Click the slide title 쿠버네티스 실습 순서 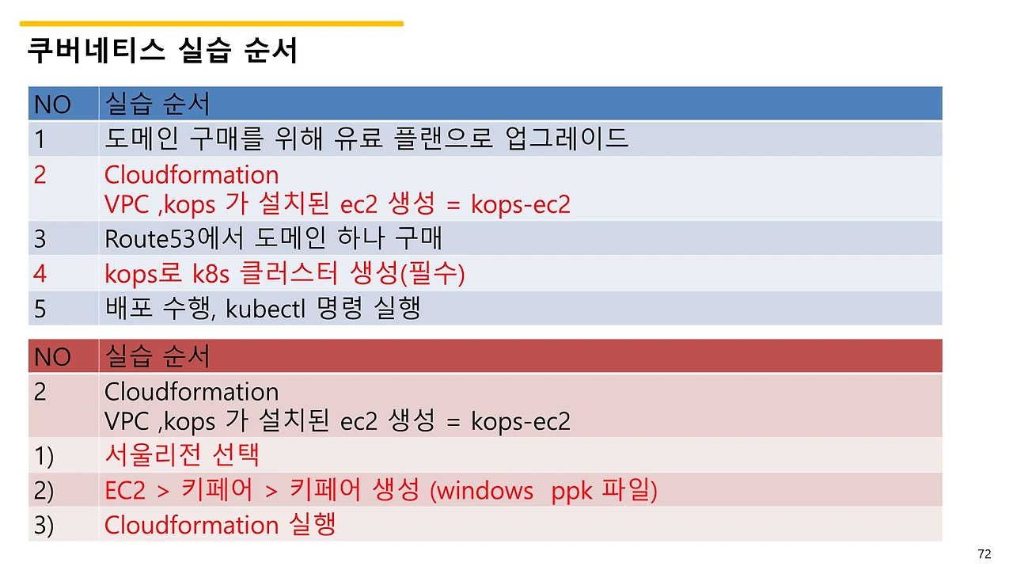pyautogui.click(x=162, y=51)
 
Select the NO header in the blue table pyautogui.click(x=52, y=104)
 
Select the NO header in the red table pyautogui.click(x=52, y=357)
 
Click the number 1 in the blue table pyautogui.click(x=40, y=139)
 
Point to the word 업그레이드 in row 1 pyautogui.click(x=566, y=139)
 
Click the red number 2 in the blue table pyautogui.click(x=40, y=175)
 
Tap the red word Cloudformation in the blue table pyautogui.click(x=192, y=175)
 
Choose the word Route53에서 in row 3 pyautogui.click(x=164, y=238)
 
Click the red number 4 pyautogui.click(x=40, y=274)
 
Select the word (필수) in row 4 pyautogui.click(x=433, y=274)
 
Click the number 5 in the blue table pyautogui.click(x=40, y=309)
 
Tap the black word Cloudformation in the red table pyautogui.click(x=192, y=392)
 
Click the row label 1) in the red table pyautogui.click(x=44, y=455)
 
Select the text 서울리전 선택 pyautogui.click(x=182, y=455)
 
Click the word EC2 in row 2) pyautogui.click(x=125, y=491)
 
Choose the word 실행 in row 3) pyautogui.click(x=313, y=525)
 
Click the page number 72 pyautogui.click(x=985, y=554)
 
